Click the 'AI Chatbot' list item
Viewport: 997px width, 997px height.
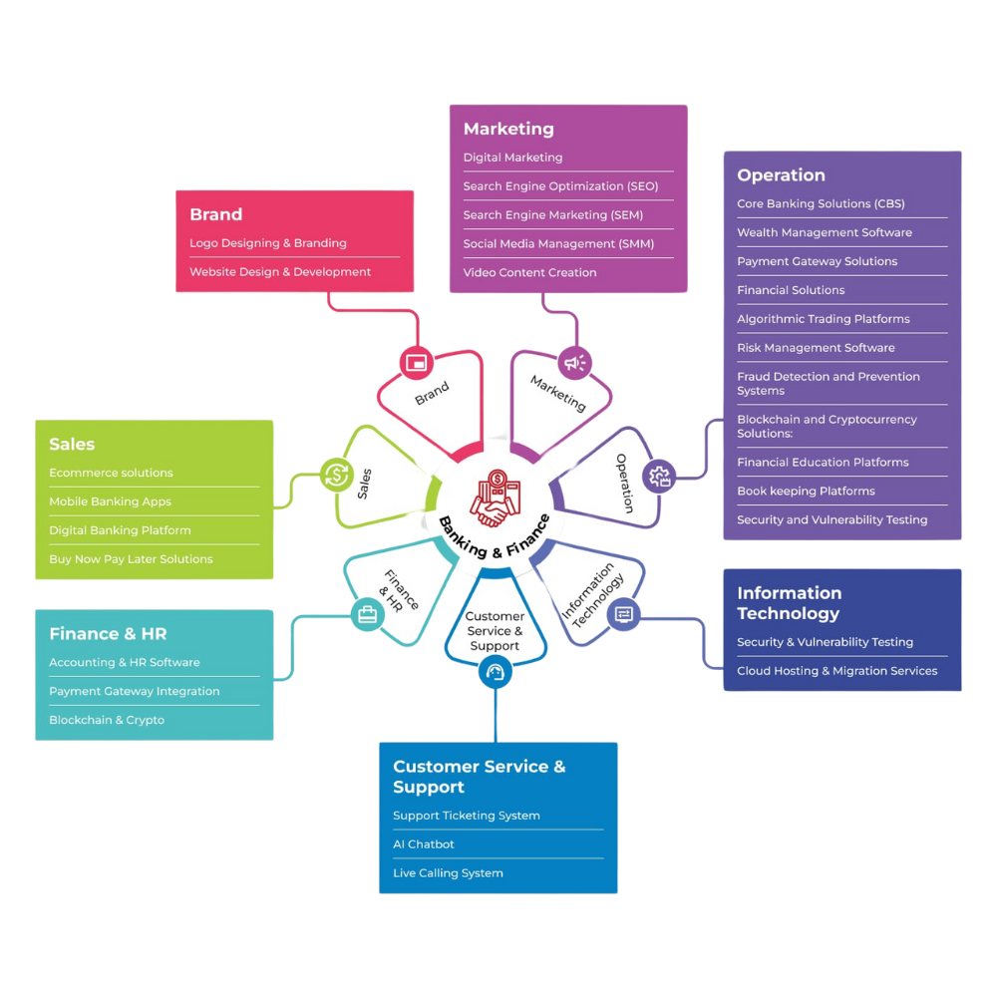click(x=424, y=844)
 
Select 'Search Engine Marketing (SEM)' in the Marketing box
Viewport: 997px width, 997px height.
click(x=552, y=215)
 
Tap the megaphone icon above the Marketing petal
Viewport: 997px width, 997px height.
click(x=575, y=363)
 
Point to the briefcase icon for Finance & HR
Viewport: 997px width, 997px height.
click(x=367, y=615)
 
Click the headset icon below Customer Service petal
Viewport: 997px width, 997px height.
click(x=495, y=675)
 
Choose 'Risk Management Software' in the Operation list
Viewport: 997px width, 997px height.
click(x=816, y=348)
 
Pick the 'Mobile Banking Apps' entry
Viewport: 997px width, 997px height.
click(x=110, y=501)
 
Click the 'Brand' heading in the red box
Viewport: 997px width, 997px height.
click(x=215, y=214)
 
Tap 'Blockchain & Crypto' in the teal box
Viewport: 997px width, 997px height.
click(x=107, y=720)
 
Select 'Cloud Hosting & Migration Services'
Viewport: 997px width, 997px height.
click(x=836, y=671)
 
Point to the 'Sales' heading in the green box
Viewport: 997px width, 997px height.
click(x=72, y=444)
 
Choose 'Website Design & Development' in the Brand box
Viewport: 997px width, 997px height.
click(x=280, y=272)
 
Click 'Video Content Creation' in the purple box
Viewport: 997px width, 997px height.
click(x=529, y=272)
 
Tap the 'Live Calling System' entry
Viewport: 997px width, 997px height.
click(x=448, y=873)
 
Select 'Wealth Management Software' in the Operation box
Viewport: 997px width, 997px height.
click(x=824, y=232)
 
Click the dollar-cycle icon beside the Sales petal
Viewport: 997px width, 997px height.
click(x=337, y=474)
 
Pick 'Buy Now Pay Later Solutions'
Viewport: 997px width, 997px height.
click(x=131, y=559)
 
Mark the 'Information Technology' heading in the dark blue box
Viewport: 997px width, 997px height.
click(x=789, y=603)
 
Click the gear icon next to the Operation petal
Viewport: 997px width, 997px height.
click(x=659, y=476)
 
